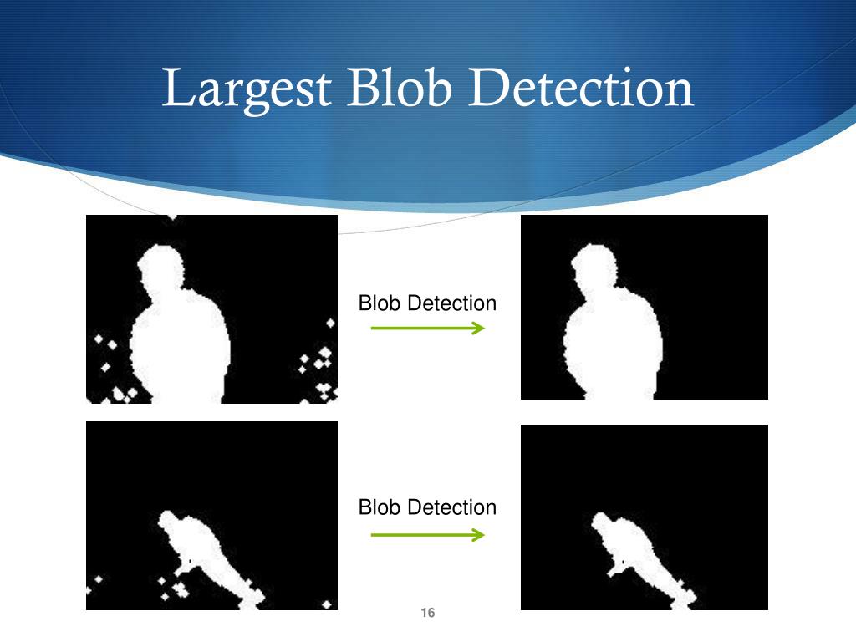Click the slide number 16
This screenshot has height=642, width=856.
tap(428, 614)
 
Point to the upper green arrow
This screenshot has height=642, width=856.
tap(427, 329)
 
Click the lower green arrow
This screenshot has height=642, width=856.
tap(427, 534)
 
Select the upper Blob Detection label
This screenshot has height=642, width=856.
tap(427, 303)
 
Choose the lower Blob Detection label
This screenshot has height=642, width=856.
tap(427, 507)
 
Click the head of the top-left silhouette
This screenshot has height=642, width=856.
tap(160, 267)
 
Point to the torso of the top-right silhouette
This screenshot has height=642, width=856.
tap(614, 347)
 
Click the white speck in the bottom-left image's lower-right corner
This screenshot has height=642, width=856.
tap(329, 604)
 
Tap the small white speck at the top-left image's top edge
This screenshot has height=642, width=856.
tap(172, 217)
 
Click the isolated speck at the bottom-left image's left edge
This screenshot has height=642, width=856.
tap(98, 578)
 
